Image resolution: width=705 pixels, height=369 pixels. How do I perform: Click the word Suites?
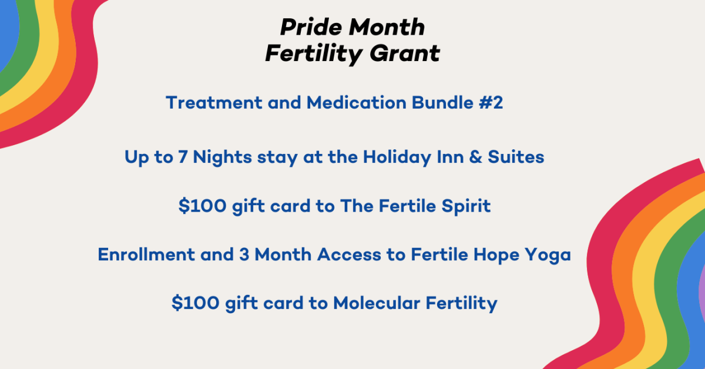515,157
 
